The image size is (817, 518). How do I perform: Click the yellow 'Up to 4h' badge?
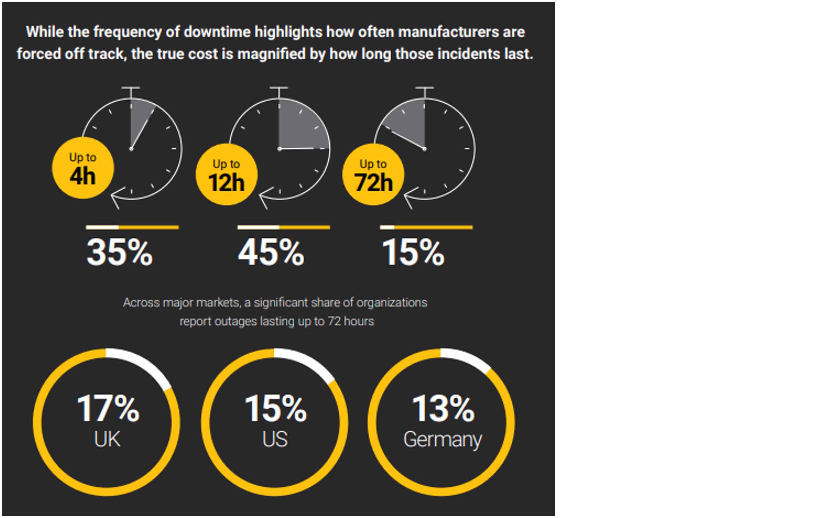point(83,168)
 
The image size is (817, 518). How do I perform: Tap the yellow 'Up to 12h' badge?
point(226,174)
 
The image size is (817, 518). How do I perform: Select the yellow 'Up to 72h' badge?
point(373,174)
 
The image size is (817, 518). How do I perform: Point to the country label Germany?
point(442,440)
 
